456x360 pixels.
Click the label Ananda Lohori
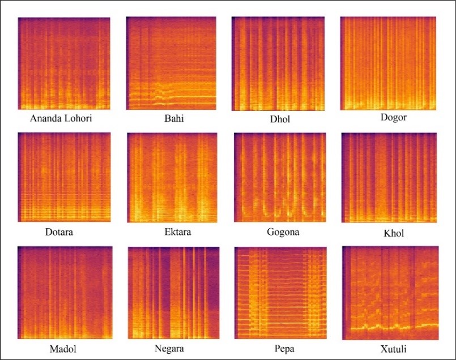coord(63,119)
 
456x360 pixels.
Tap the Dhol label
coord(277,120)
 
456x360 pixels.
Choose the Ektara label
coord(169,232)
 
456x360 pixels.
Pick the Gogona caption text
coord(279,232)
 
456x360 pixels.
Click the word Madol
coord(59,348)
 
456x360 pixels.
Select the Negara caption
coord(168,349)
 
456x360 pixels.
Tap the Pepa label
coord(280,349)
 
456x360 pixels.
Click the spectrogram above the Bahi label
coord(171,63)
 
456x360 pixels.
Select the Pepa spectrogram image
coord(279,293)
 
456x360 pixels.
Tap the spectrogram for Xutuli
coord(390,293)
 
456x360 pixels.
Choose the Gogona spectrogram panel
coord(279,178)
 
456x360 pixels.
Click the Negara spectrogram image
coord(173,293)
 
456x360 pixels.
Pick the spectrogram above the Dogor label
coord(389,63)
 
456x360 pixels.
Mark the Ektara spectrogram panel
coord(170,178)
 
